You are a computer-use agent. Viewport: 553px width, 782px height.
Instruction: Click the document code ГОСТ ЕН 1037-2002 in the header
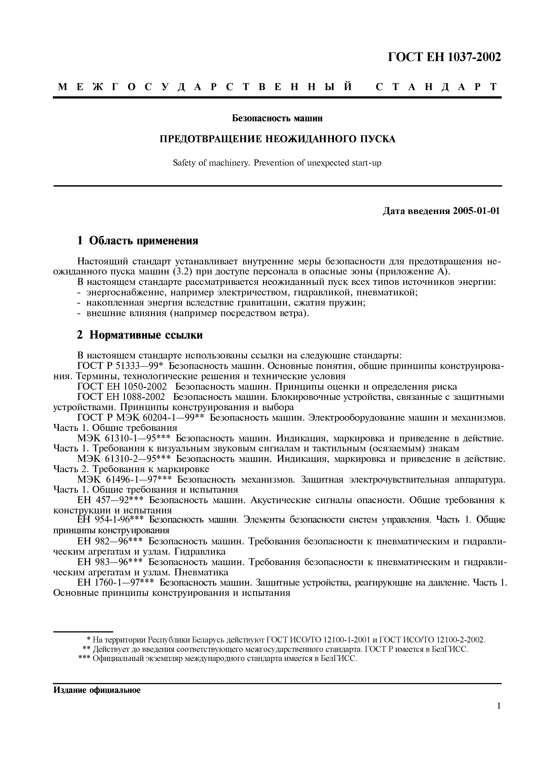point(445,57)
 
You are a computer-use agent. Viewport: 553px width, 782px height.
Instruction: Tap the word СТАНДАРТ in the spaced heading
point(437,87)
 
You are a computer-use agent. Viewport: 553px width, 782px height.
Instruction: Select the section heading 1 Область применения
point(138,241)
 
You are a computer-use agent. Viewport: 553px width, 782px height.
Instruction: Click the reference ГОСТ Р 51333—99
point(121,366)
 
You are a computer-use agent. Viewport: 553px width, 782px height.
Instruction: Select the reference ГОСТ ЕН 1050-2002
point(122,387)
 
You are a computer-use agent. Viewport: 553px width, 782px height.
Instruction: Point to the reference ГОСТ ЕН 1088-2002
point(121,397)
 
